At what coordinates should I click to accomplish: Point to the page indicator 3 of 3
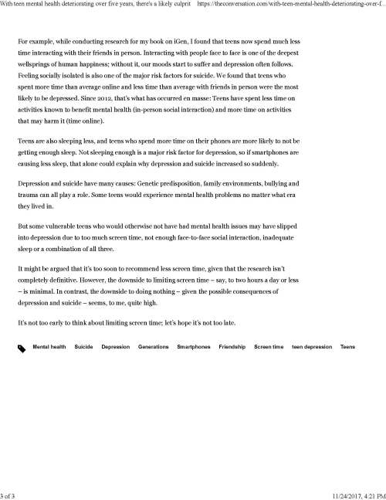(x=9, y=494)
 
